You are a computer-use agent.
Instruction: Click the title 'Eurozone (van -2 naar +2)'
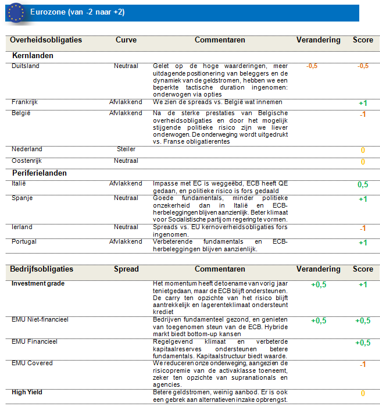click(77, 12)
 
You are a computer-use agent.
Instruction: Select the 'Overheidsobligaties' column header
click(46, 40)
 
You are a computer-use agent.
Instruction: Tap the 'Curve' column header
click(126, 40)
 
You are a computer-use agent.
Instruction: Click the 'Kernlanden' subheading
click(33, 56)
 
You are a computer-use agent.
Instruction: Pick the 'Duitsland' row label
click(26, 66)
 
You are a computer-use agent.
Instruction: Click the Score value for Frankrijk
click(363, 103)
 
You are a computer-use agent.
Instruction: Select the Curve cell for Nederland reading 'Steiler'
click(126, 149)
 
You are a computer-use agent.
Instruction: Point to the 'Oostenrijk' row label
click(27, 161)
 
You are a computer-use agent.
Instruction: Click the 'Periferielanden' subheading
click(40, 173)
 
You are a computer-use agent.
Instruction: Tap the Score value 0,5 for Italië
click(363, 184)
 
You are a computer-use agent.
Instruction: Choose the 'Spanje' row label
click(22, 198)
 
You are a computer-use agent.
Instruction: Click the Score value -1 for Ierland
click(363, 228)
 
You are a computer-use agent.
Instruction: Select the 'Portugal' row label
click(24, 241)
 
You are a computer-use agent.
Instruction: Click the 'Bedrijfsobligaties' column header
click(42, 269)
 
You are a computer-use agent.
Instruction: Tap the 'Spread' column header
click(126, 269)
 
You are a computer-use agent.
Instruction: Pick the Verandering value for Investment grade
click(319, 284)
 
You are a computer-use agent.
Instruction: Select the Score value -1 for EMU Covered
click(363, 365)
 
